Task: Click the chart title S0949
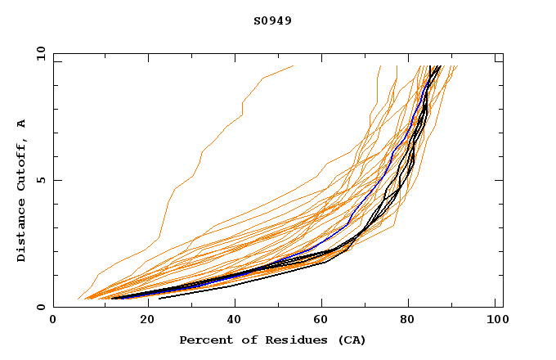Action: [272, 20]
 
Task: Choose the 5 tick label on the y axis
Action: [40, 180]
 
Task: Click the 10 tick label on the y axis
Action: [38, 53]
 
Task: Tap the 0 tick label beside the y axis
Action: [40, 308]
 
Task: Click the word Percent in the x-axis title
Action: [204, 340]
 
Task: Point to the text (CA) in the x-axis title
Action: [349, 340]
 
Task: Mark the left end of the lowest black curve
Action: [159, 299]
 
